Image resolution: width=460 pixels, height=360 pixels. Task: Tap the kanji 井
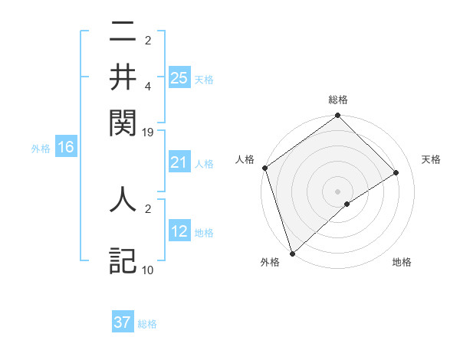[x=123, y=76]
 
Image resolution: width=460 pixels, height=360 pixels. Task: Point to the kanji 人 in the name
[x=123, y=198]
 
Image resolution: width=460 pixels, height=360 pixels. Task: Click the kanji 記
[x=123, y=260]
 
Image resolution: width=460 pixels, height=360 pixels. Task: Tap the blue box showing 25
[x=179, y=77]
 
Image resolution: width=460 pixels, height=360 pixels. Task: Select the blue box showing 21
[x=179, y=162]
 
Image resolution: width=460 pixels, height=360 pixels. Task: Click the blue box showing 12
[x=179, y=231]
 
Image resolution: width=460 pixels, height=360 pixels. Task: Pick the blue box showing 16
[x=66, y=148]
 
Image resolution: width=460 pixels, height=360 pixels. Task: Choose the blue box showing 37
[x=123, y=322]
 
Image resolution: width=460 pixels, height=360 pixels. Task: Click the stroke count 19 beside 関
[x=147, y=132]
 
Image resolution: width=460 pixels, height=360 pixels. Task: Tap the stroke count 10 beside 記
[x=147, y=270]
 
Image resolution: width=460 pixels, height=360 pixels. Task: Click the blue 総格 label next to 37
[x=147, y=324]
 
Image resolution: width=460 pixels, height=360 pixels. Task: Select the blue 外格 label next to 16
[x=41, y=149]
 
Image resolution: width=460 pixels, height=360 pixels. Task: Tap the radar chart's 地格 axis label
[x=402, y=263]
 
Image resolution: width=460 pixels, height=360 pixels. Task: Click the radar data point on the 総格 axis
[x=337, y=116]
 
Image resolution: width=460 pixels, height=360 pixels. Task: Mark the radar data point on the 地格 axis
[x=347, y=204]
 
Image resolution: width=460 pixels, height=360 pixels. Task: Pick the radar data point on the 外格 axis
[x=292, y=252]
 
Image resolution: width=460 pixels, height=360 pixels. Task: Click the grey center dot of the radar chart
[x=337, y=190]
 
